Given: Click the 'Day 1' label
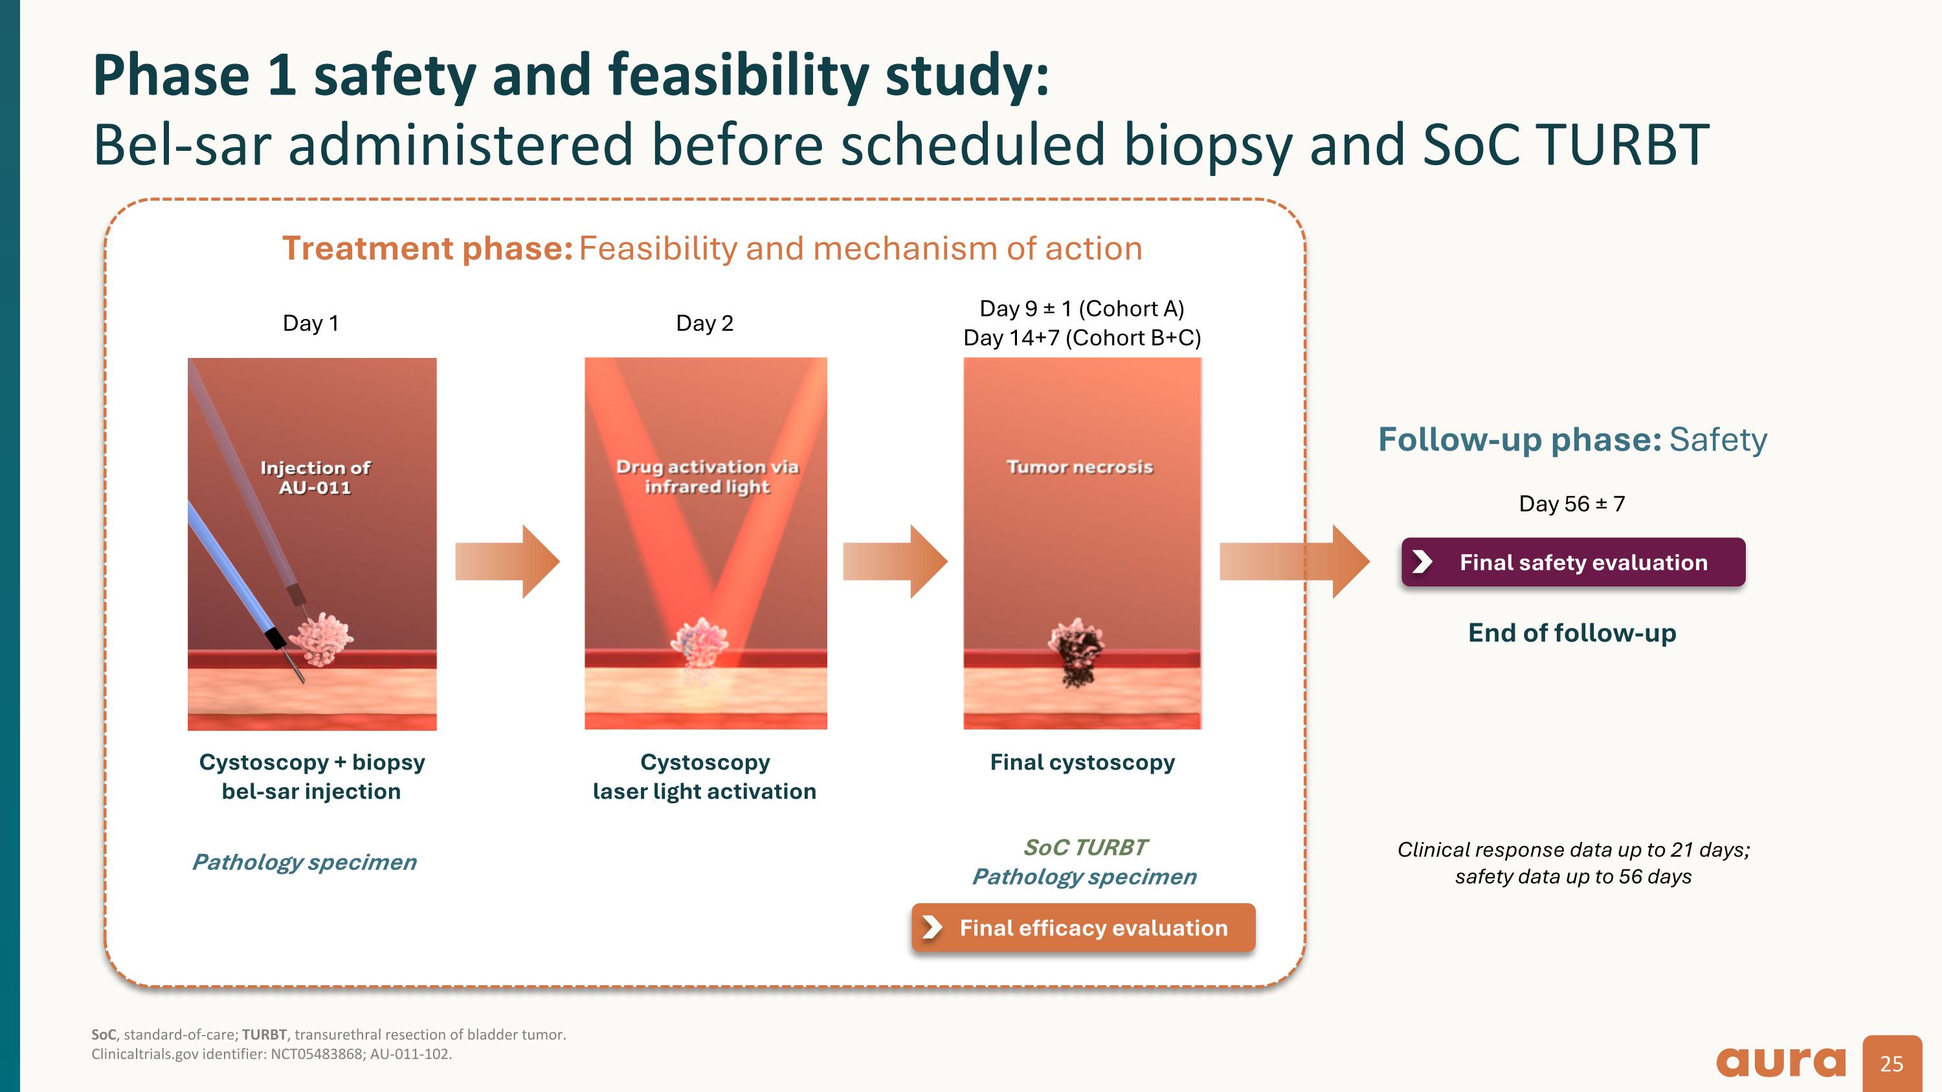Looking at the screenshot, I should pyautogui.click(x=311, y=323).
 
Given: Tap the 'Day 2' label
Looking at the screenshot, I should pyautogui.click(x=704, y=323).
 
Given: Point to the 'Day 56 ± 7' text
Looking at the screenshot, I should pyautogui.click(x=1572, y=504).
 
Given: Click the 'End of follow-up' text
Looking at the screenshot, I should pyautogui.click(x=1572, y=632).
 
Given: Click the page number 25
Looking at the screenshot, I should pyautogui.click(x=1892, y=1064).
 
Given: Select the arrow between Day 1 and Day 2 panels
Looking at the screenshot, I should pyautogui.click(x=508, y=561).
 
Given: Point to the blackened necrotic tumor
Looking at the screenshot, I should pyautogui.click(x=1077, y=650).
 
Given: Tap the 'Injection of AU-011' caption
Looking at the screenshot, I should pyautogui.click(x=315, y=477).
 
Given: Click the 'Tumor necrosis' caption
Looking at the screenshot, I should pyautogui.click(x=1080, y=467).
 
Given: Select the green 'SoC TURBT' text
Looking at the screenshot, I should pyautogui.click(x=1084, y=847).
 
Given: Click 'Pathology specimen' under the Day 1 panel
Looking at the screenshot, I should pyautogui.click(x=304, y=862).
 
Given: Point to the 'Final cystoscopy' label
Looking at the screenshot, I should pyautogui.click(x=1082, y=762).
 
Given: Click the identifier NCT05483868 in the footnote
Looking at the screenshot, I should pyautogui.click(x=316, y=1054).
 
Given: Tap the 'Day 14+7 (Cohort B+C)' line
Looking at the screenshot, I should pyautogui.click(x=1082, y=338).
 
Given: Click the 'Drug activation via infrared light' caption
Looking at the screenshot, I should pyautogui.click(x=706, y=476).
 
